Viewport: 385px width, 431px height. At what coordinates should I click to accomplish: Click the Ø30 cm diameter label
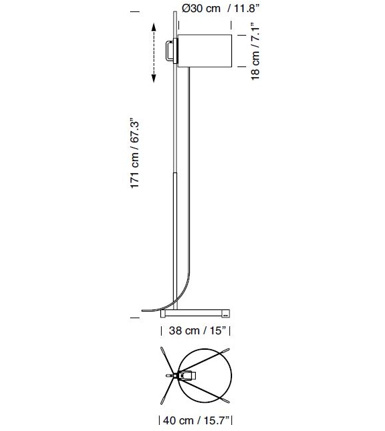point(201,9)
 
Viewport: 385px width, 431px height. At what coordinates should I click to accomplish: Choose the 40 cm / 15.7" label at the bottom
point(195,421)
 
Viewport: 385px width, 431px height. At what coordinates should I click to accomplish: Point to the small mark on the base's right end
point(225,313)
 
